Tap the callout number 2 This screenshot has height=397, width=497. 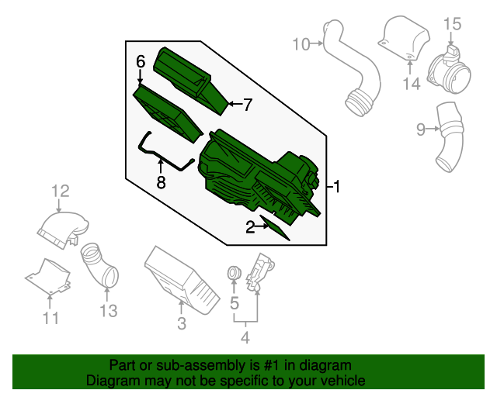pyautogui.click(x=250, y=226)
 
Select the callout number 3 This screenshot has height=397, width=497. pyautogui.click(x=182, y=324)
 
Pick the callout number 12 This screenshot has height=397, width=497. pyautogui.click(x=61, y=190)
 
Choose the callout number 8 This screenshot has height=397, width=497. pyautogui.click(x=161, y=183)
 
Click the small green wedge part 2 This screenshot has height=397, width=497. pyautogui.click(x=278, y=230)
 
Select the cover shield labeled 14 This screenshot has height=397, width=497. pyautogui.click(x=406, y=38)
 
